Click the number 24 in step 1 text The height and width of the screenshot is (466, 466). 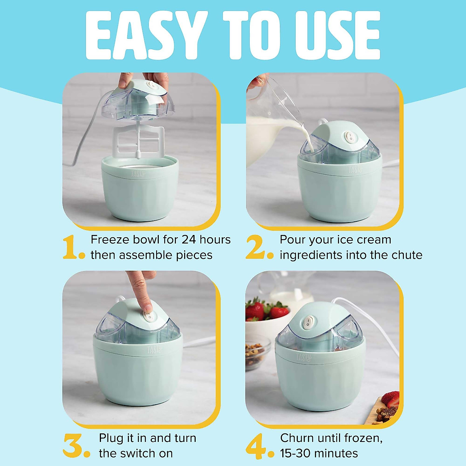click(188, 240)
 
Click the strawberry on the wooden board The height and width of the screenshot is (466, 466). click(390, 400)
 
